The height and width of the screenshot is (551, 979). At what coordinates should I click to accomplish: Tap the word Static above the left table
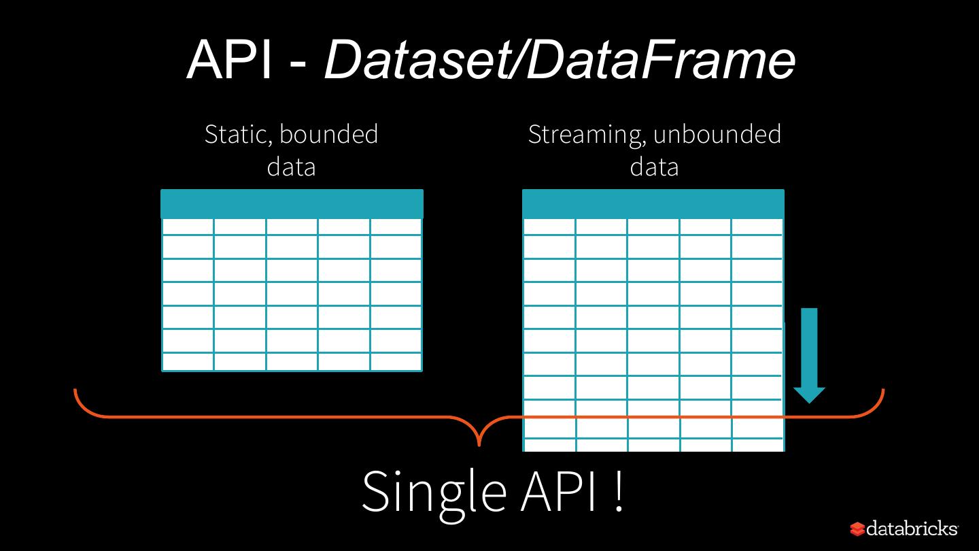pos(239,134)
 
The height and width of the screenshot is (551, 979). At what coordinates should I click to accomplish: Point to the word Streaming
pos(587,135)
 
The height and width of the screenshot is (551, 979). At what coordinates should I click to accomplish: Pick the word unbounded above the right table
pos(717,134)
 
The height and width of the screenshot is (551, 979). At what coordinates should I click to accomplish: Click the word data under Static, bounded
pos(291,167)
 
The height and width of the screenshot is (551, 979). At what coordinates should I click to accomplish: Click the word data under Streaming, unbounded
pos(654,167)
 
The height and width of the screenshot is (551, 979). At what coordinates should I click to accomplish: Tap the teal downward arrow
pos(809,356)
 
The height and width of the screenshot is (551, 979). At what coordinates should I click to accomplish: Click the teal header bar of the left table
pos(292,204)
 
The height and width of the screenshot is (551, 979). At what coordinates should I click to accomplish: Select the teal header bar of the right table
pos(653,204)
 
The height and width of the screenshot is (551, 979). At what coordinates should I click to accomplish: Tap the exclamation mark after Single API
pos(619,491)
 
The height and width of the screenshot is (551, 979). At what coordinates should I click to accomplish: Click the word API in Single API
pos(558,491)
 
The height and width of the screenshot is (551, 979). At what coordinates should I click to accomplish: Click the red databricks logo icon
pos(857,529)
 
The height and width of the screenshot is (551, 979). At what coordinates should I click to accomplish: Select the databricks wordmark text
pos(912,529)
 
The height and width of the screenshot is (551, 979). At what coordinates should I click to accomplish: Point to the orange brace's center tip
pos(479,446)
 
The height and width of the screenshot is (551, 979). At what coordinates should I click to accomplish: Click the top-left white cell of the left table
pos(188,227)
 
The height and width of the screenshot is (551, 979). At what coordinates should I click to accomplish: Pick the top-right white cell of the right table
pos(757,227)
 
